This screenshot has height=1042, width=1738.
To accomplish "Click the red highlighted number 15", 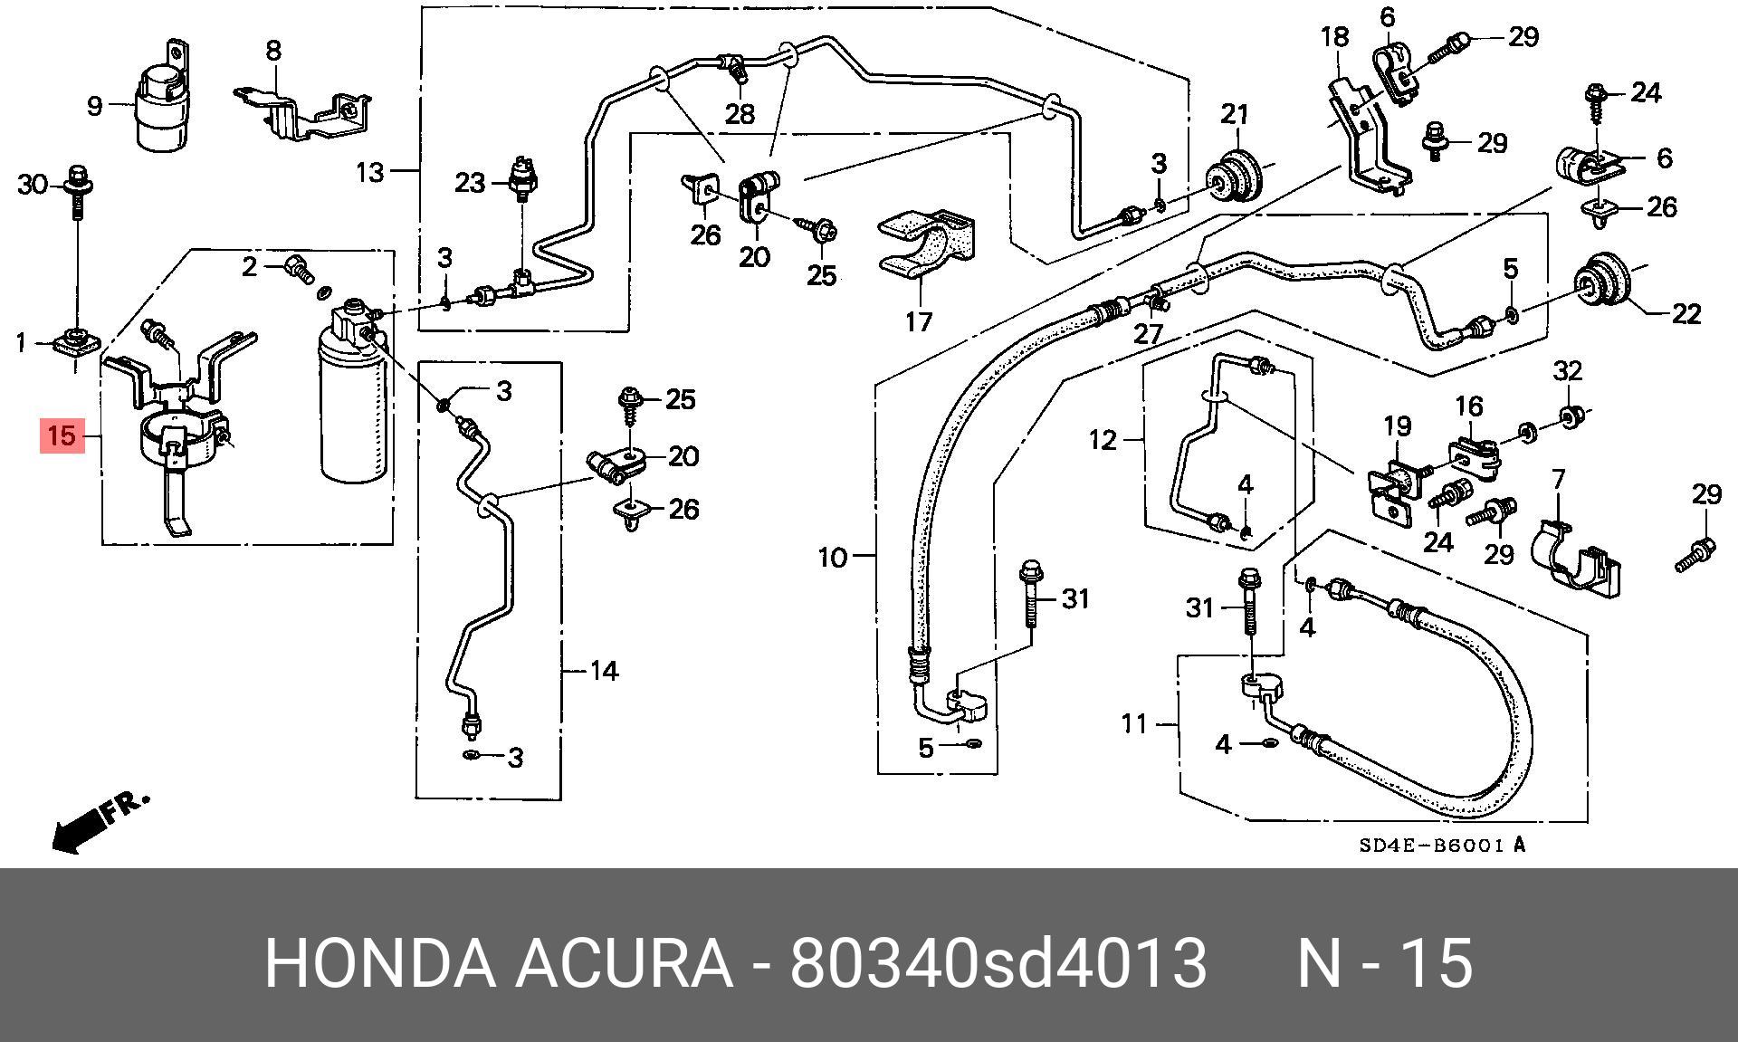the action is tap(62, 436).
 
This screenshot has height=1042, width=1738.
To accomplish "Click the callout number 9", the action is tap(95, 106).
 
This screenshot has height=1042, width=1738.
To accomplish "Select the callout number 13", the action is tap(370, 171).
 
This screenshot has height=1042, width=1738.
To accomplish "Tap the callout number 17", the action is tap(918, 321).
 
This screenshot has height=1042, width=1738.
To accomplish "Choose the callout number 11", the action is tap(1134, 723).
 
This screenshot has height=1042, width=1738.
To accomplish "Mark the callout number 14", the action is tap(604, 671).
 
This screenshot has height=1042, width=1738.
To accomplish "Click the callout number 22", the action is tap(1686, 313).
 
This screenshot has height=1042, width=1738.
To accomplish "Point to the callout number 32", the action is tap(1568, 370).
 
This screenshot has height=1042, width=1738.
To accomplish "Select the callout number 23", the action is tap(470, 183).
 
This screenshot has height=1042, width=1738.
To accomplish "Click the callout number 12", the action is tap(1103, 440).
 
